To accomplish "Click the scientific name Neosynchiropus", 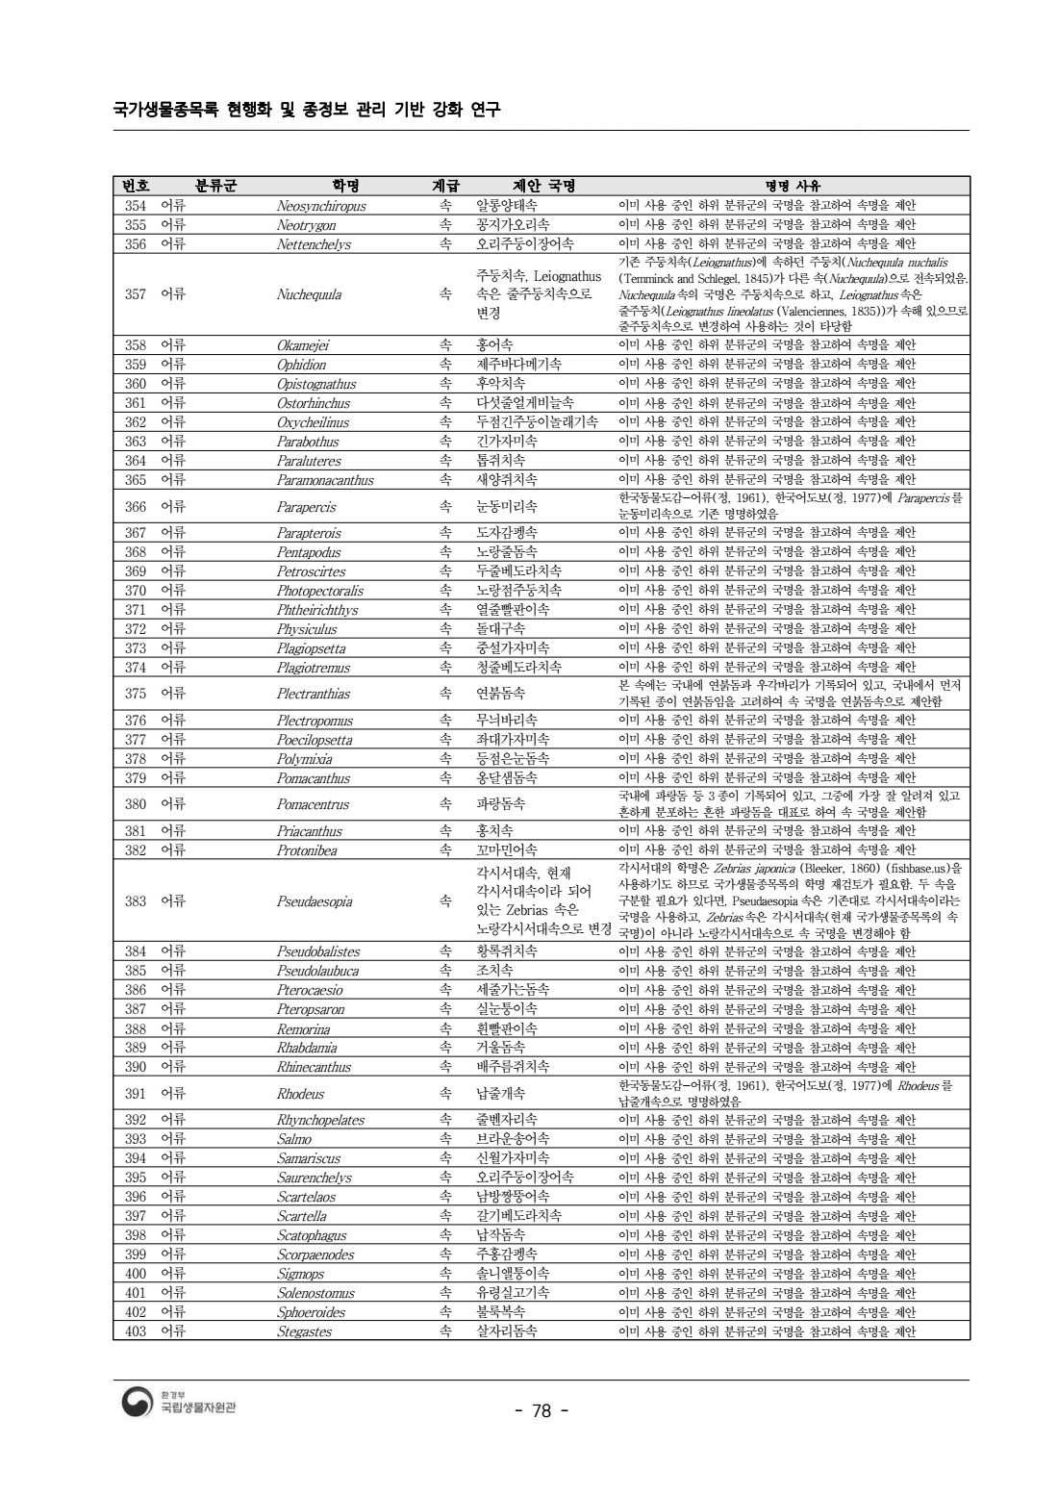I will coord(321,206).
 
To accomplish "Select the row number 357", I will coord(136,294).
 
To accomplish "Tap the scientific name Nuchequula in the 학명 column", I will coord(309,294).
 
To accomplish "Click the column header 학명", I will coord(345,186).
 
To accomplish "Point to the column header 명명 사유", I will coord(793,186).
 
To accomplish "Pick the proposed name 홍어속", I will coord(495,344).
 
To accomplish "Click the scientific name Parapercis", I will coord(306,507).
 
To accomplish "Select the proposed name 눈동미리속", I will coord(507,507).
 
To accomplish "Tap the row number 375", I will coord(136,694).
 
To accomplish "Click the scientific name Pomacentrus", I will coord(313,804).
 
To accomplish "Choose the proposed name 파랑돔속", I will coord(501,804).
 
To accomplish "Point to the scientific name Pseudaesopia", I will coord(315,901).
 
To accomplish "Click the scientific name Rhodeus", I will coord(300,1094).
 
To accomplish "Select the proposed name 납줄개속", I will coord(501,1094).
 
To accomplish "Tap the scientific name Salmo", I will coord(294,1139).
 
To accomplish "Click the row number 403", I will coord(136,1331).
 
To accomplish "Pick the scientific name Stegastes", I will coord(304,1332).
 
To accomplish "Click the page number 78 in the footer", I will coord(542,1411).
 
